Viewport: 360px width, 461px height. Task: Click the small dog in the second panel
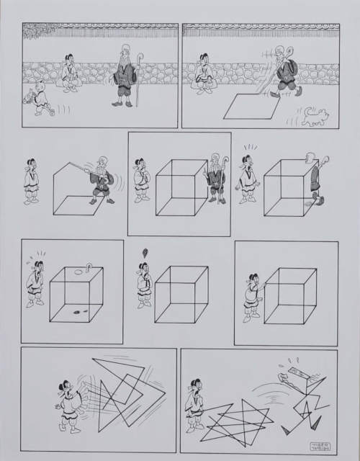[314, 116]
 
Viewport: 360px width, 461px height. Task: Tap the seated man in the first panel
[70, 73]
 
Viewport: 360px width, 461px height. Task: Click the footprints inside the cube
[76, 311]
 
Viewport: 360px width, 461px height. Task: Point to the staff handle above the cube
[89, 267]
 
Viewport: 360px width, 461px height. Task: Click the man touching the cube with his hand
[253, 295]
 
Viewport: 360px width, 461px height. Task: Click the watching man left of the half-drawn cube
[30, 181]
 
